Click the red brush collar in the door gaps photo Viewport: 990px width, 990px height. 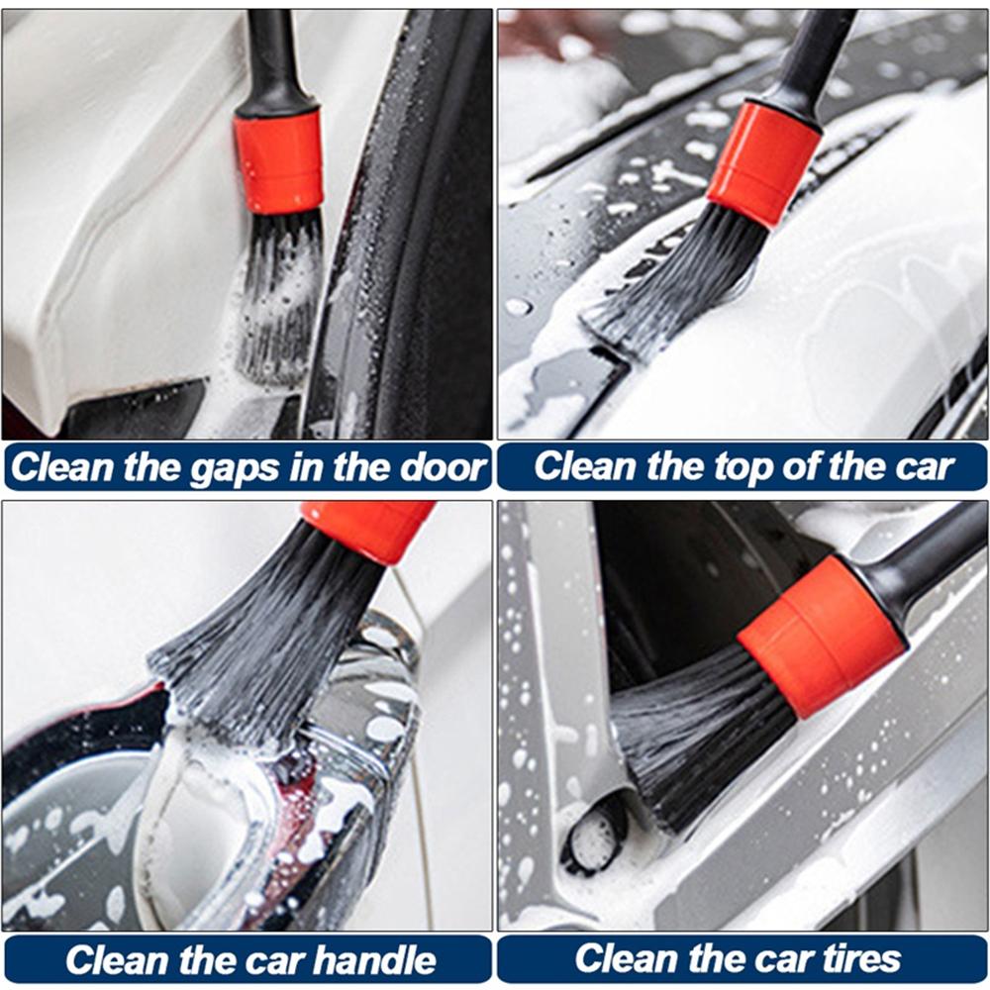coord(279,161)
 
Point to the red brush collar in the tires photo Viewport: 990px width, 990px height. coord(821,635)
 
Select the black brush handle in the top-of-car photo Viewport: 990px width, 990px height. coord(818,54)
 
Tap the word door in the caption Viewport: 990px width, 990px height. coord(444,467)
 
